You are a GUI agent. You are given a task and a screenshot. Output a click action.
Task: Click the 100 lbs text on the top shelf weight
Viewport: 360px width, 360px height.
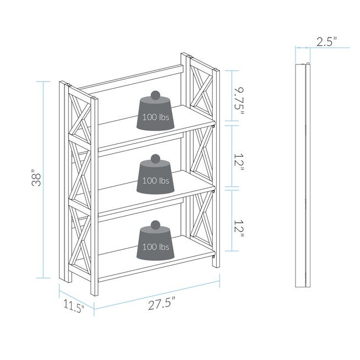point(156,117)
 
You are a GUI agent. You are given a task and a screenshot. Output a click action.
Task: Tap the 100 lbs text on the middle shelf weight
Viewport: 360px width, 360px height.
point(156,180)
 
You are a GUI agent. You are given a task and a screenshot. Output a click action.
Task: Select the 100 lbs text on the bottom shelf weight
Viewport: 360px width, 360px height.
point(156,246)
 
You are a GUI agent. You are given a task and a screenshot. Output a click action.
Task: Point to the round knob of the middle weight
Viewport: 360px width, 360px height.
point(156,159)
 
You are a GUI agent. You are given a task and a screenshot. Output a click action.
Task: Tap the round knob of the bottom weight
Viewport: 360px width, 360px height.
point(156,225)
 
